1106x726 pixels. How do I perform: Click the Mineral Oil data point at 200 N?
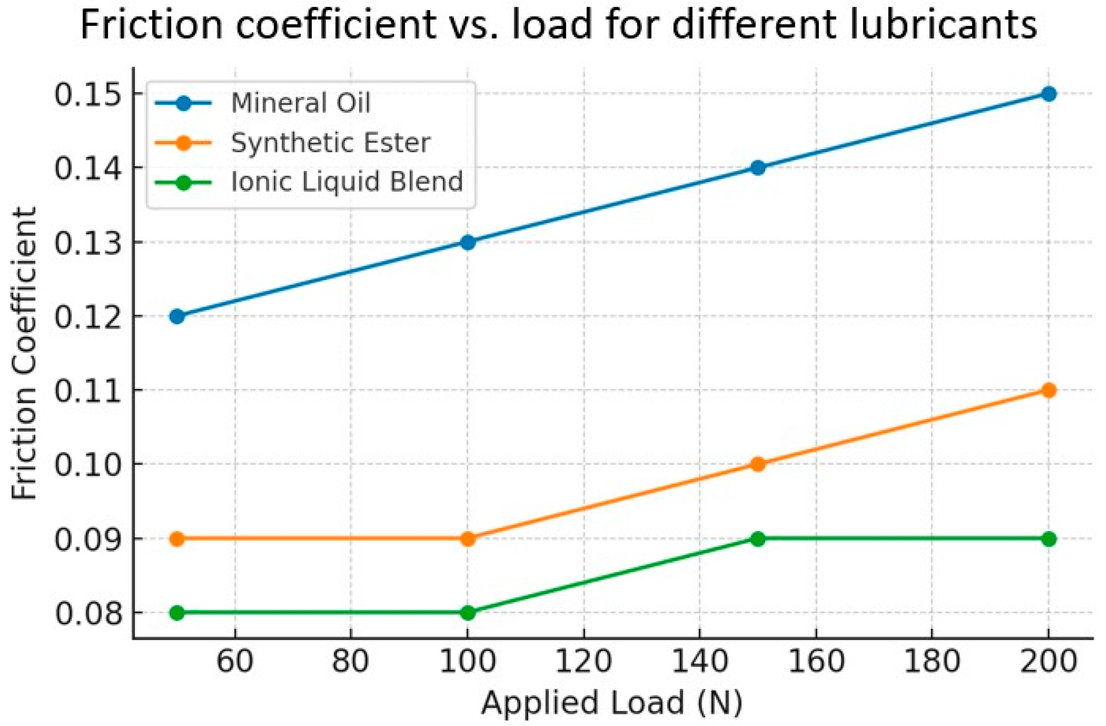(x=1048, y=94)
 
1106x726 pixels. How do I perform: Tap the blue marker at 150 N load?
(x=758, y=168)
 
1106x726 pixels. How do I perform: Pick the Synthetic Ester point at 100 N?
(x=468, y=539)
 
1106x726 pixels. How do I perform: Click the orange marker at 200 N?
(x=1048, y=390)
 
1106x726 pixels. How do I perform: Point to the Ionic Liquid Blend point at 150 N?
(x=758, y=539)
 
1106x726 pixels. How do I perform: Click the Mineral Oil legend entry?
(x=300, y=103)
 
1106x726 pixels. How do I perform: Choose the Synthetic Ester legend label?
(x=330, y=143)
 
